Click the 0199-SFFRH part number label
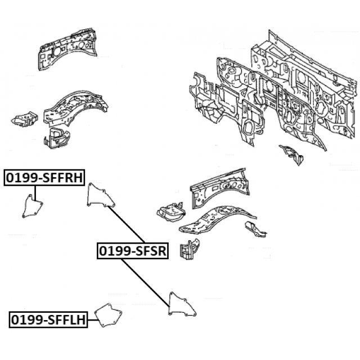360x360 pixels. [x=44, y=178]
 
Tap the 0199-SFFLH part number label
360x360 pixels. [x=48, y=320]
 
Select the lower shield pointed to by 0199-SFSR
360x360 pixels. [x=182, y=306]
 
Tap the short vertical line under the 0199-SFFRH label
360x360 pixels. [x=35, y=191]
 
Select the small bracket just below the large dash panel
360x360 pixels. [x=292, y=154]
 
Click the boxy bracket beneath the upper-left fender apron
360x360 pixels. [x=56, y=136]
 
